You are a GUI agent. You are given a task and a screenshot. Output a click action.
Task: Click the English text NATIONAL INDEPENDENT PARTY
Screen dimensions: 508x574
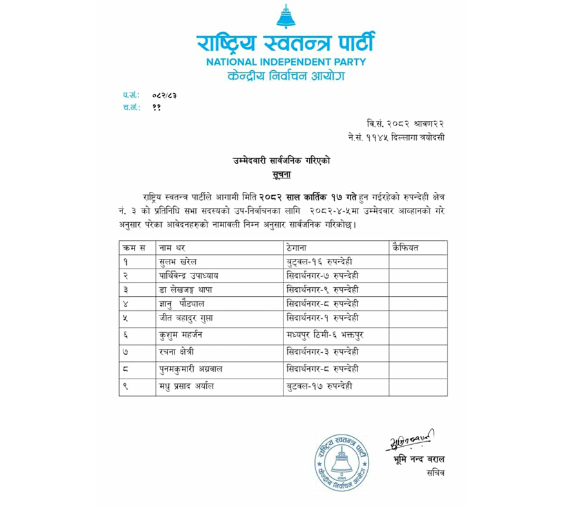click(x=285, y=62)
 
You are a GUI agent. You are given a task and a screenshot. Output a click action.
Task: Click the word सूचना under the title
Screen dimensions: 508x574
click(x=284, y=174)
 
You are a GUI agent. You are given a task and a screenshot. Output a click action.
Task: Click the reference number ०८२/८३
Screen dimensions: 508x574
click(x=164, y=95)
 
